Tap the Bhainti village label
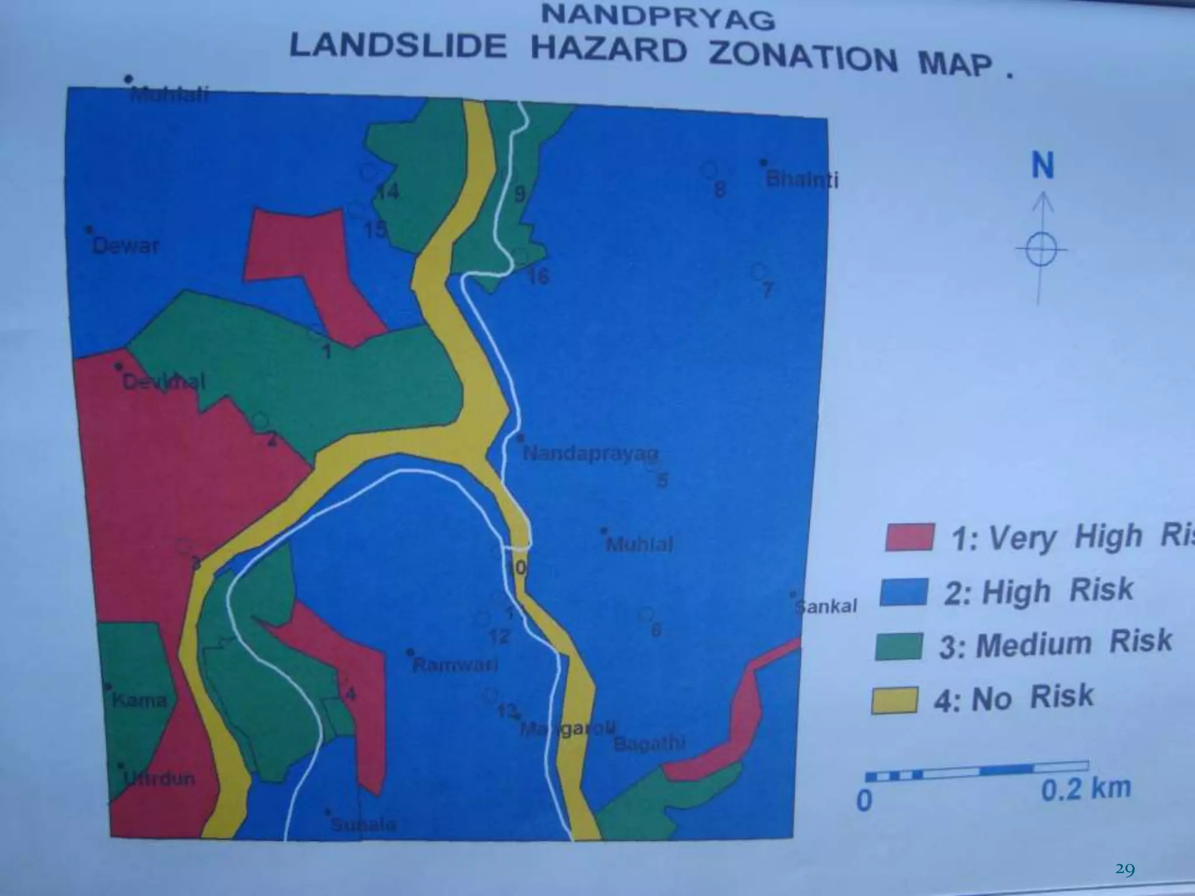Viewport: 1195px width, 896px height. [x=802, y=180]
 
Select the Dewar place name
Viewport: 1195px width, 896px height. [x=125, y=246]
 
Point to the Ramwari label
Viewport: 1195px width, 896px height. [x=455, y=665]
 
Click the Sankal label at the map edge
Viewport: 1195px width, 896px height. [x=827, y=607]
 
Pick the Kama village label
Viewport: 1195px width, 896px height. [x=139, y=699]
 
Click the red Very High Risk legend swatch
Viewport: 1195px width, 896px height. [x=909, y=537]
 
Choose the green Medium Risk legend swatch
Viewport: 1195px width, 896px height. [x=899, y=646]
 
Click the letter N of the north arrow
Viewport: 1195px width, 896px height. [x=1043, y=166]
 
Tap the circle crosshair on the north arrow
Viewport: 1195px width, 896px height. [x=1041, y=250]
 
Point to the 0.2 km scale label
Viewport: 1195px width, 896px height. [x=1086, y=788]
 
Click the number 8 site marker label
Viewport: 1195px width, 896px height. [x=720, y=189]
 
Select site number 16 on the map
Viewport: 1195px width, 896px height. [x=538, y=276]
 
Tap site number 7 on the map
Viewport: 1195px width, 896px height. [x=767, y=290]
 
